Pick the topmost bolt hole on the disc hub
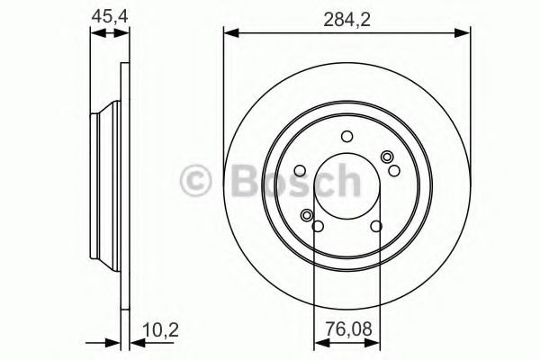[346, 136]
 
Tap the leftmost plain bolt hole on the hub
[300, 168]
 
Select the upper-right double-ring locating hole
[388, 158]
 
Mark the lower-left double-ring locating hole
[308, 215]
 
